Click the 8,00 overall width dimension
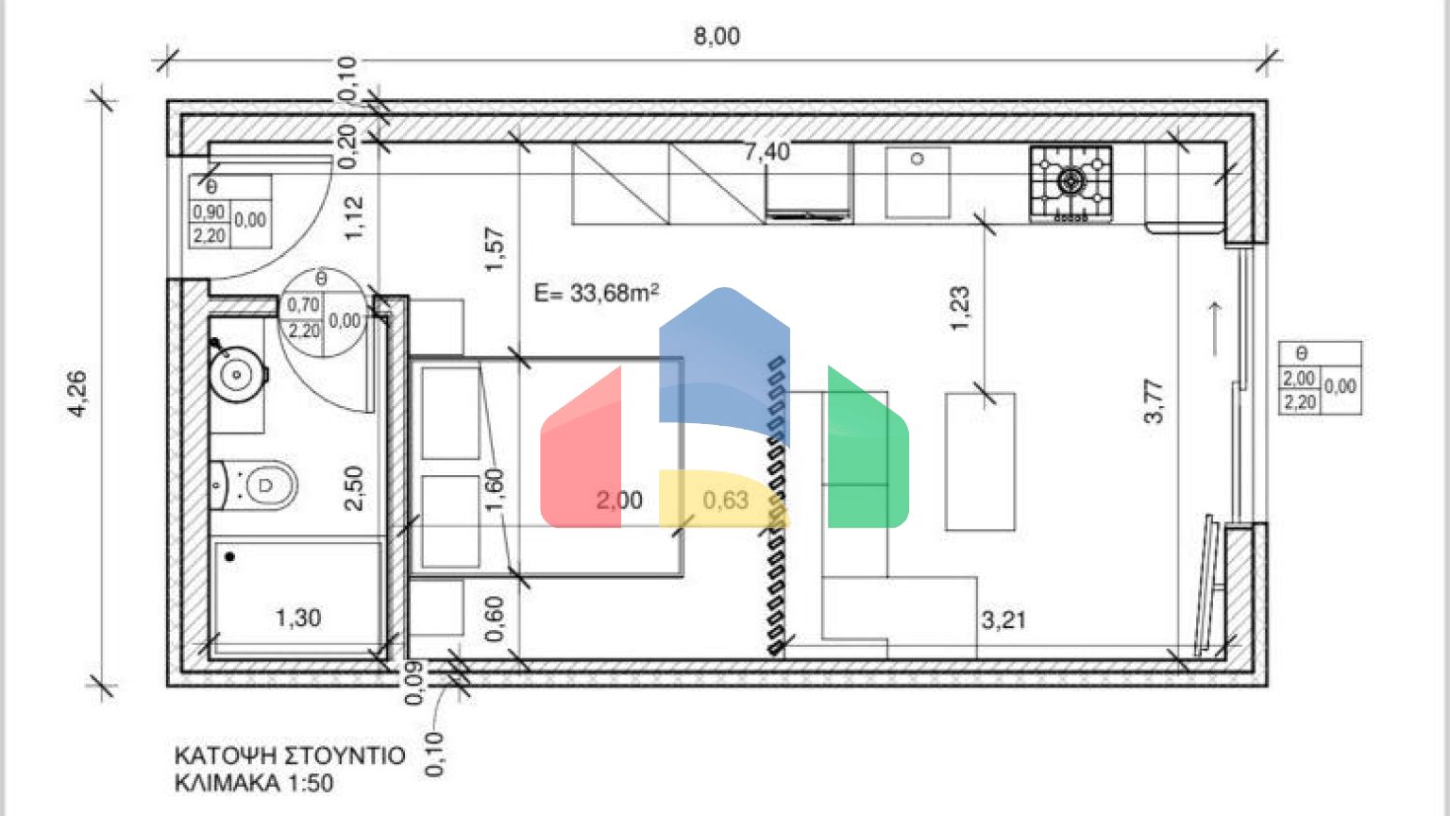[717, 37]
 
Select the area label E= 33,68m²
[597, 293]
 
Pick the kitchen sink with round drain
[917, 182]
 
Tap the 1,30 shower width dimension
[298, 618]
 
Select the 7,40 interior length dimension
[767, 151]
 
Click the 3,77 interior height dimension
[1154, 400]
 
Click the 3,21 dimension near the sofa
[1003, 620]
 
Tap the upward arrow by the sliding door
[1215, 328]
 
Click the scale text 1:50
[306, 783]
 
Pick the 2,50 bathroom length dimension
[354, 487]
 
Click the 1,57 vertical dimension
[495, 250]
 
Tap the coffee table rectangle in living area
[980, 461]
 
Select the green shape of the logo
[867, 453]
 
